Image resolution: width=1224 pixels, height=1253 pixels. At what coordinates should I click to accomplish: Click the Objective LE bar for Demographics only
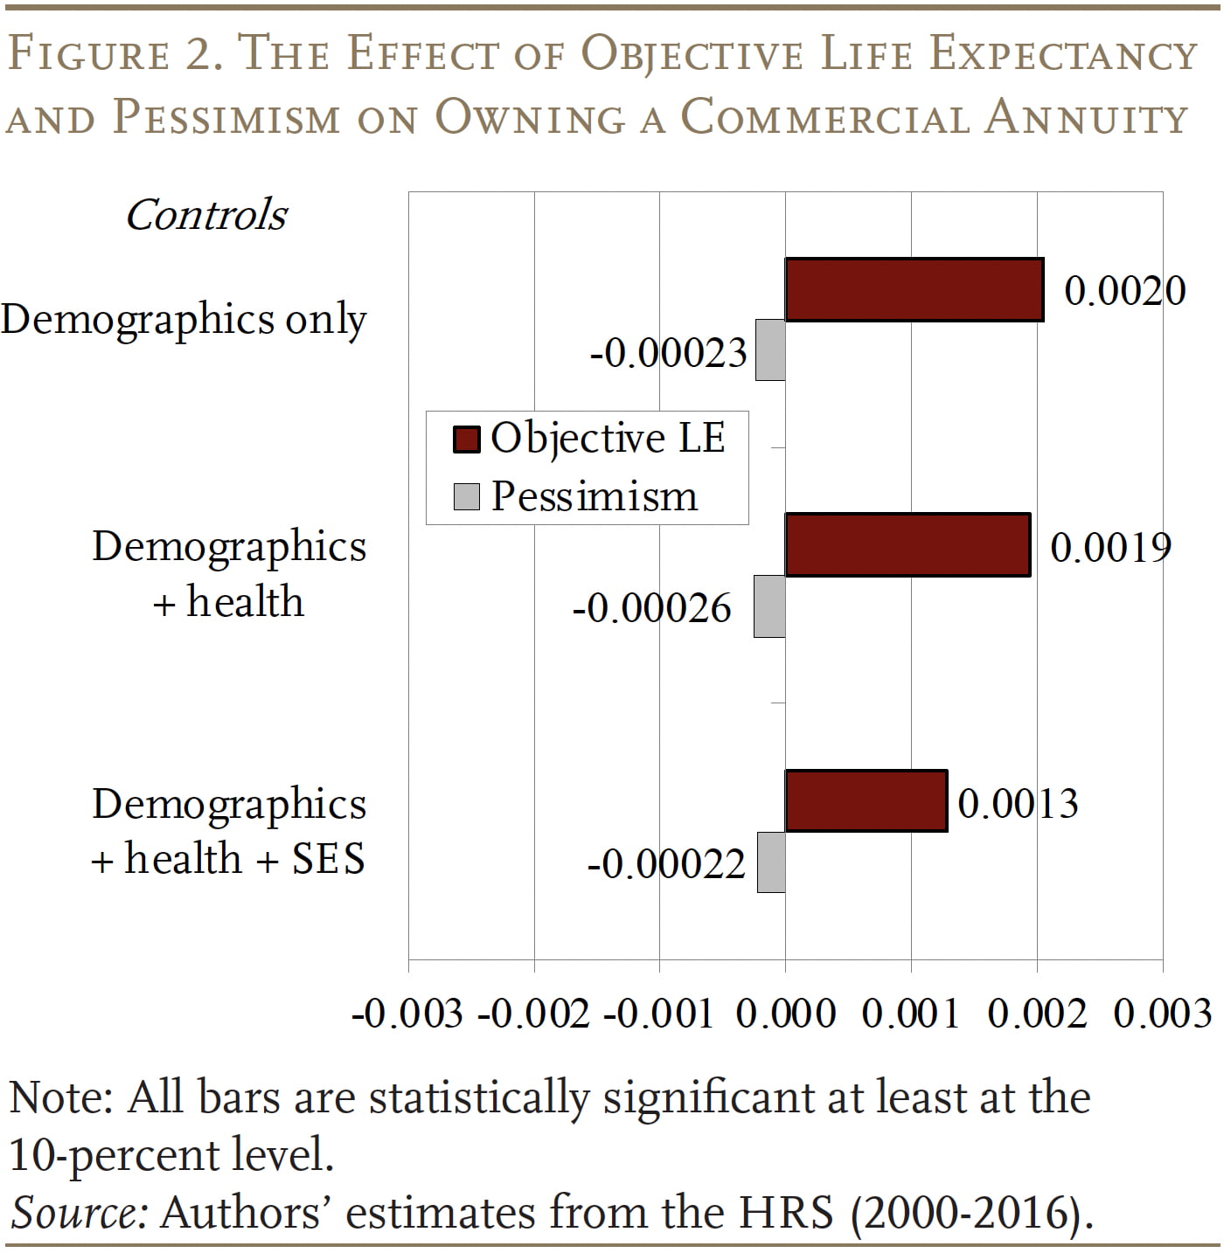(x=914, y=289)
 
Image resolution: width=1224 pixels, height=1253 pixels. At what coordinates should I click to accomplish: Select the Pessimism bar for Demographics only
(x=770, y=350)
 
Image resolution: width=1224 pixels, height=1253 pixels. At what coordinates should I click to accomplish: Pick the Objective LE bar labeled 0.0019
(x=908, y=544)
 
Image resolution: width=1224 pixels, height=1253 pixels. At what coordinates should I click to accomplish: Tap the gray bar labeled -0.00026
(x=769, y=606)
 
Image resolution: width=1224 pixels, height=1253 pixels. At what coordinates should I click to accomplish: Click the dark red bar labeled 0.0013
(x=866, y=800)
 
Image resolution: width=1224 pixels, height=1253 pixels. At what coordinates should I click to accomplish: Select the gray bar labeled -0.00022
(x=771, y=862)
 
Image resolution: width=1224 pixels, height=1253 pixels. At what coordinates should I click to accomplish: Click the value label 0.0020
(x=1124, y=290)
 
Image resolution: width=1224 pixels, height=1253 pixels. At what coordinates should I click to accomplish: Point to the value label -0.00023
(x=669, y=353)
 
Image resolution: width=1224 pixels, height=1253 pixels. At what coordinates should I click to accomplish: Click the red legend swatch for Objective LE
(x=466, y=439)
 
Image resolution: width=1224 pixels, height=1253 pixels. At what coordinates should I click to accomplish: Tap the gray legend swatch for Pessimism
(x=466, y=496)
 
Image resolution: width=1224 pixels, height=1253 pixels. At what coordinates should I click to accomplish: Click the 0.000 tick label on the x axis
(x=785, y=1014)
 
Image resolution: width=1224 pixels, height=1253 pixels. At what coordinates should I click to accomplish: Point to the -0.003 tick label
(x=407, y=1014)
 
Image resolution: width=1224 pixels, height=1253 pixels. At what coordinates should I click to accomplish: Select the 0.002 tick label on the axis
(x=1037, y=1014)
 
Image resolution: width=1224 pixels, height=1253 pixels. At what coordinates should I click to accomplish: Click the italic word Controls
(x=206, y=215)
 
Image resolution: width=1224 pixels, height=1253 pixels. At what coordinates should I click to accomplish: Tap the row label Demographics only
(x=184, y=320)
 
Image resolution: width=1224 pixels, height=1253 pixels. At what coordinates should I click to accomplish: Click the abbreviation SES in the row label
(x=328, y=859)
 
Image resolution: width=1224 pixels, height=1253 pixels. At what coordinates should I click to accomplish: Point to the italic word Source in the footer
(x=77, y=1213)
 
